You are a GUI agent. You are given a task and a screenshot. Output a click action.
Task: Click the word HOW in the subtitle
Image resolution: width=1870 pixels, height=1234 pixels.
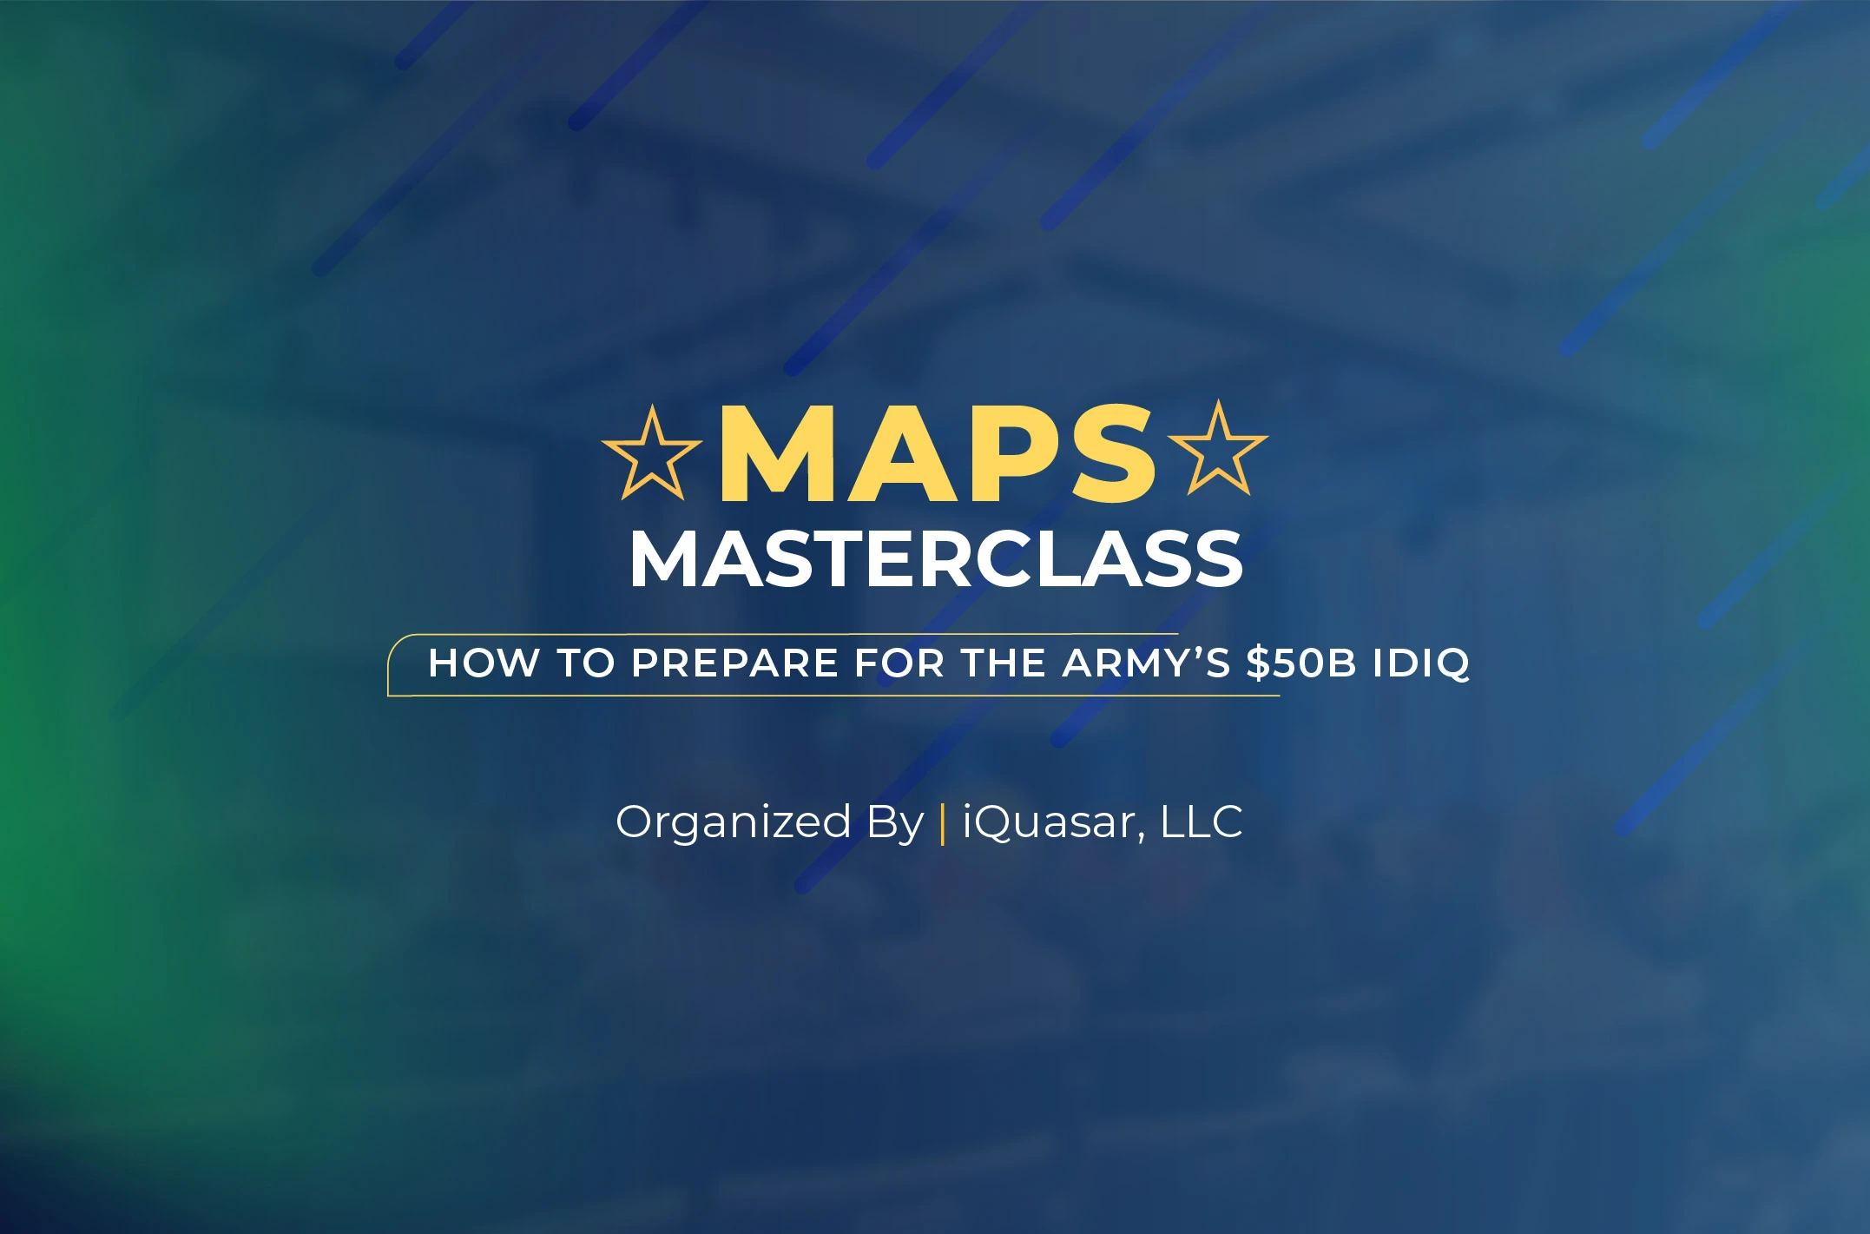pos(484,663)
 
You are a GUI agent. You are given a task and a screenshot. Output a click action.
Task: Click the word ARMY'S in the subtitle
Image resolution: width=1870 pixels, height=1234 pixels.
pos(1146,663)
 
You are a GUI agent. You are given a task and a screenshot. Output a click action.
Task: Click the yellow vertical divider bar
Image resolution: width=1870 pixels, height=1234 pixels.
pos(943,823)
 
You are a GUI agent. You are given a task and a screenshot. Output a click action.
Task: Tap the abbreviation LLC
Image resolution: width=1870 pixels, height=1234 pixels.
pos(1202,822)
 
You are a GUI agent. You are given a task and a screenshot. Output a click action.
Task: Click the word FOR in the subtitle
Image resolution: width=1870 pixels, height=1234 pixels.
pos(899,663)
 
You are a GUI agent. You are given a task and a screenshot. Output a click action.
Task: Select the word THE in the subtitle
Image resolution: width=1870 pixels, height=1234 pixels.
pos(1003,663)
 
